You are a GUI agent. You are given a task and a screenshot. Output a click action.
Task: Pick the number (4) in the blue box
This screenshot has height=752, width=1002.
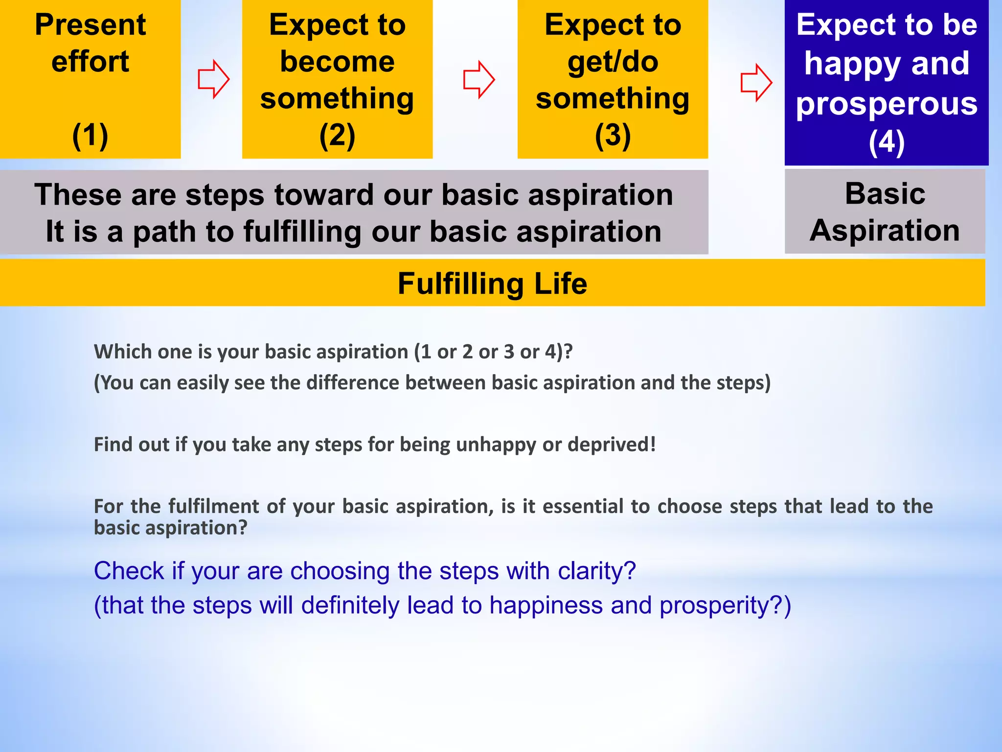tap(887, 142)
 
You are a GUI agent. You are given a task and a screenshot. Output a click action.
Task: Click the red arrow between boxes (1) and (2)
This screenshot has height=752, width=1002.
tap(213, 79)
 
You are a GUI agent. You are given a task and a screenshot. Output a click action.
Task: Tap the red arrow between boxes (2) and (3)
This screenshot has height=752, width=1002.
tap(479, 79)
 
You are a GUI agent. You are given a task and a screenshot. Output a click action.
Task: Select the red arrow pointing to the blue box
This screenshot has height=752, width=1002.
tap(756, 82)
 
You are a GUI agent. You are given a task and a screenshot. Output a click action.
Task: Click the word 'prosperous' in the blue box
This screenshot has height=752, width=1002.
tap(887, 104)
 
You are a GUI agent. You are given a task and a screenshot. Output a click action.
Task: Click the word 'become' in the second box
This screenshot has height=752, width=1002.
tap(337, 62)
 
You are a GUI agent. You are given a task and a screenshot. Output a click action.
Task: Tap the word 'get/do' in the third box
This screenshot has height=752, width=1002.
tap(613, 62)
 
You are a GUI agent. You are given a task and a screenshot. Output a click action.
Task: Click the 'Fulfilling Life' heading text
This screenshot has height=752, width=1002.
tap(492, 283)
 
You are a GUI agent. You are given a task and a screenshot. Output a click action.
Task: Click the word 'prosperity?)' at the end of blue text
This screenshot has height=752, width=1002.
tap(725, 606)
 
